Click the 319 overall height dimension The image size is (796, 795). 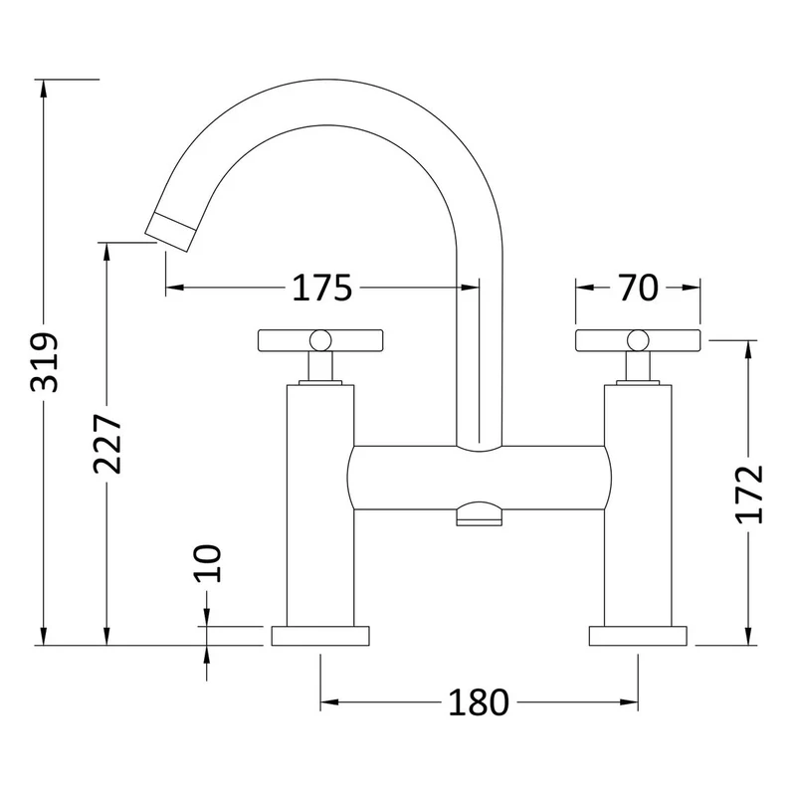click(x=45, y=362)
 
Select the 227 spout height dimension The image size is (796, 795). click(x=108, y=444)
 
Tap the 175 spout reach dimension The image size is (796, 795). click(x=321, y=288)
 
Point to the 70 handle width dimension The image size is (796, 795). click(x=638, y=288)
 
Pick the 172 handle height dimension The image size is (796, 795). click(x=749, y=494)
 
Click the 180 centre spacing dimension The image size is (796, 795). click(x=479, y=702)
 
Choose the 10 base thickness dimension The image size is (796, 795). click(x=208, y=563)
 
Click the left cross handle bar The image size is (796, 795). click(x=320, y=340)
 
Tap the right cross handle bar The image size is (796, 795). click(x=638, y=340)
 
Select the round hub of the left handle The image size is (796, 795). click(x=320, y=340)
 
